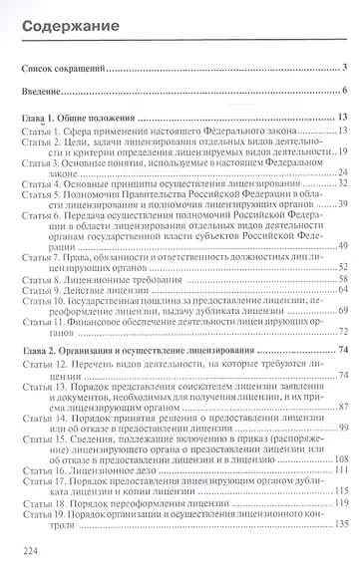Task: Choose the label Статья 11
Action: coord(42,324)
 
